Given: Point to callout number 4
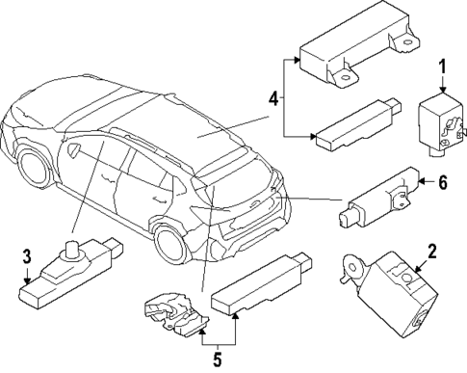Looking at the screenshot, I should pos(274,97).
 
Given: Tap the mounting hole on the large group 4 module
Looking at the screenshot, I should pos(409,41).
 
